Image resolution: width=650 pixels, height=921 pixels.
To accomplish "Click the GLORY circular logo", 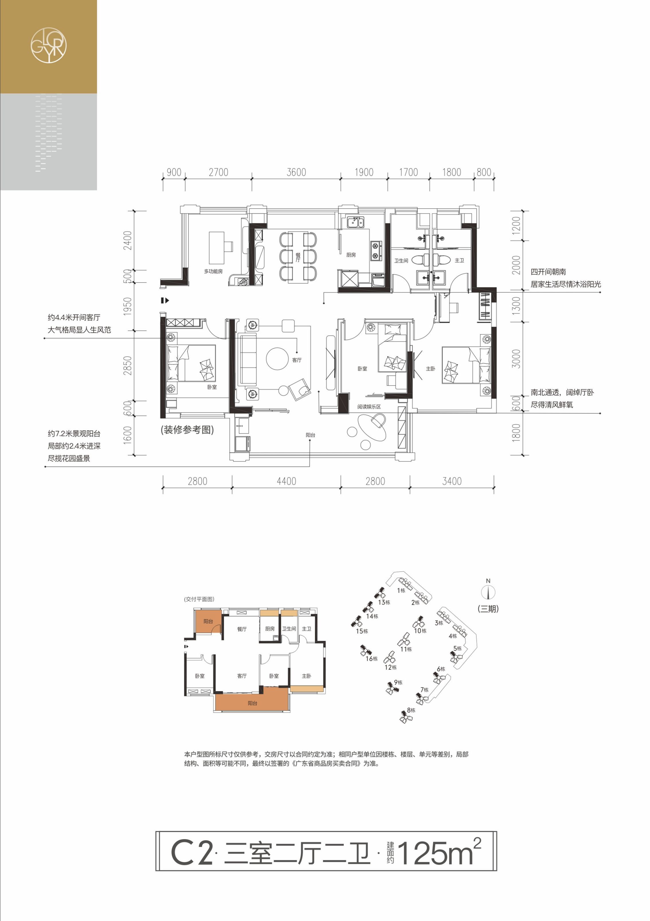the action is (x=49, y=45).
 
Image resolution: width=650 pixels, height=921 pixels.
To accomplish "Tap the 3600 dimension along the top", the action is (x=296, y=172).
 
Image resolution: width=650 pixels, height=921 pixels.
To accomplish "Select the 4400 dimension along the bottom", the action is (x=286, y=481).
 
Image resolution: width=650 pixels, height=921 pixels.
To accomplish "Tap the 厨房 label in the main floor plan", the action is (x=351, y=255).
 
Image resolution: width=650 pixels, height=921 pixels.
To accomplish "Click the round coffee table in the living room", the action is (x=277, y=358).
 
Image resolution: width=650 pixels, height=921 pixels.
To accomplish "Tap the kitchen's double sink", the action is (x=355, y=221).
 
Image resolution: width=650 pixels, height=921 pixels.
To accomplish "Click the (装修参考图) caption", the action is (x=187, y=430).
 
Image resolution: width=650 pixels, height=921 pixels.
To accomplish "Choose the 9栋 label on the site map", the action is (x=398, y=682).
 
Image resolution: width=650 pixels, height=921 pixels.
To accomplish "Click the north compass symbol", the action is (x=488, y=592).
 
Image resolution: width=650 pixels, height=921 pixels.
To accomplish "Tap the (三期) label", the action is (x=488, y=609).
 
